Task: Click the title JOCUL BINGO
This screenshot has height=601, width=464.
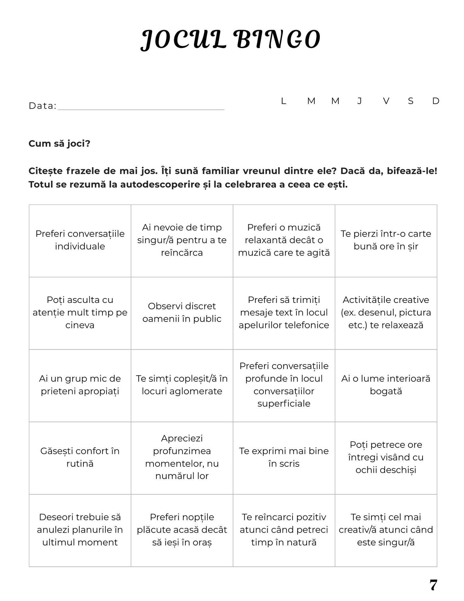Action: click(x=231, y=40)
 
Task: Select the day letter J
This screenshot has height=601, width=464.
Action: click(x=360, y=101)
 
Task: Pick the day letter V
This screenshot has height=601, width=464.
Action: click(x=386, y=101)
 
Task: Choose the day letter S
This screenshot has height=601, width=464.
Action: click(x=410, y=101)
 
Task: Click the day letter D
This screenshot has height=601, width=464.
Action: click(x=435, y=101)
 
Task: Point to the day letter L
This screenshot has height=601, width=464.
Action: click(x=283, y=101)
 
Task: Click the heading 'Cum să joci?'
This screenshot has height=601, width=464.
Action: click(x=59, y=143)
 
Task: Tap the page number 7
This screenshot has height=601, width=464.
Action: click(x=433, y=585)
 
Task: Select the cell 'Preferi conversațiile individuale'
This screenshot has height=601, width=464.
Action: click(x=80, y=240)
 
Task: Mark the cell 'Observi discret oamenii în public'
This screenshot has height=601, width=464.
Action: click(x=182, y=313)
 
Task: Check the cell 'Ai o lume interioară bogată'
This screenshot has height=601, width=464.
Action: click(x=386, y=385)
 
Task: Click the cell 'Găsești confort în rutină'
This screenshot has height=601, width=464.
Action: click(x=80, y=457)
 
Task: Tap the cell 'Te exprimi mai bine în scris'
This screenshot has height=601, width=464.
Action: click(x=284, y=457)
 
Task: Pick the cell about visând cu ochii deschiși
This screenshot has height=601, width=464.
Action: click(x=386, y=457)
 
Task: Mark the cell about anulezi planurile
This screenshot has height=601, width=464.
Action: click(x=80, y=530)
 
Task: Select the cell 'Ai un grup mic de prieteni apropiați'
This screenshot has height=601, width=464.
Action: click(x=80, y=385)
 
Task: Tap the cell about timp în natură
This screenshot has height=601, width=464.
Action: click(x=284, y=530)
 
